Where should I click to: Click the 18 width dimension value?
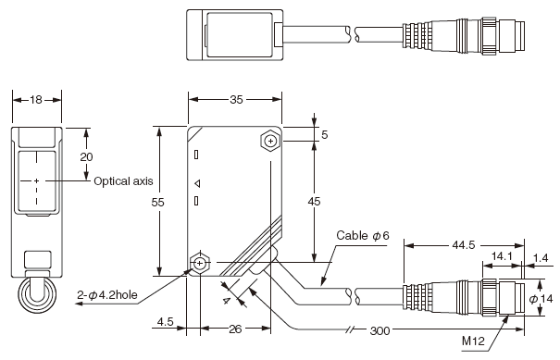click(36, 100)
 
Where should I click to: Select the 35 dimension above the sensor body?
click(236, 100)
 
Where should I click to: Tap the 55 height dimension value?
click(157, 203)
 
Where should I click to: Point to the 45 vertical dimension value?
click(315, 202)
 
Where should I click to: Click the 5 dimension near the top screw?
click(324, 135)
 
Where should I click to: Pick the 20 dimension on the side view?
click(86, 156)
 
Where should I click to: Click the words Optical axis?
click(123, 181)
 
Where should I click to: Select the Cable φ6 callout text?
click(363, 235)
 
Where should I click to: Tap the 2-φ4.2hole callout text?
click(107, 295)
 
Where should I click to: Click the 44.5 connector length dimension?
click(464, 245)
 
